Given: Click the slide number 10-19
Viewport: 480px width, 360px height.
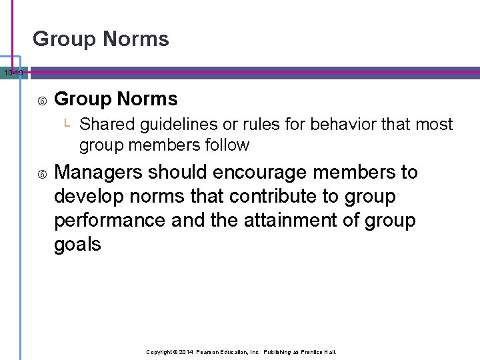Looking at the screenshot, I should click(12, 72).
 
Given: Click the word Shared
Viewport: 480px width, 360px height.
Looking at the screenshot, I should click(107, 125).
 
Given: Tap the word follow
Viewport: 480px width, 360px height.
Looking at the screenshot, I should click(227, 145).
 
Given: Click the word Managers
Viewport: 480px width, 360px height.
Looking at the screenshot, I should click(99, 173).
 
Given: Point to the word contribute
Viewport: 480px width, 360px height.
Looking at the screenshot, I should click(261, 197).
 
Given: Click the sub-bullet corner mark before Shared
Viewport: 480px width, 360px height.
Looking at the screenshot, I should click(67, 123).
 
